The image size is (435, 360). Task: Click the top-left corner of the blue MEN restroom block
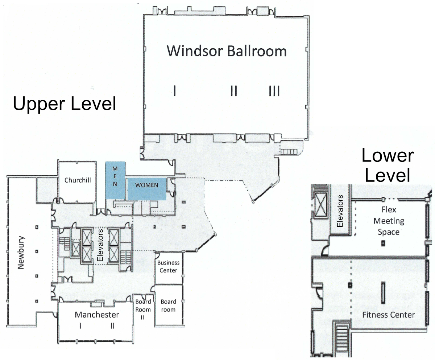coord(105,161)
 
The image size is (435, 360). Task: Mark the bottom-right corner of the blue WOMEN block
coord(166,200)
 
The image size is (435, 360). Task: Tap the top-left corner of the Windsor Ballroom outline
coord(144,15)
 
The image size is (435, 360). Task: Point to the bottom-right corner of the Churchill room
coord(96,202)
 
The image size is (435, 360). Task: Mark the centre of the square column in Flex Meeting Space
coord(383,243)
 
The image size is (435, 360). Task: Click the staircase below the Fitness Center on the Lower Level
coord(342,337)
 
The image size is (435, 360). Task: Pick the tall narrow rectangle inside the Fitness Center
coord(383,292)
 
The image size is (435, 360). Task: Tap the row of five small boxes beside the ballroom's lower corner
coord(289,151)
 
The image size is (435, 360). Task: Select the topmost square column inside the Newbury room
coord(37,227)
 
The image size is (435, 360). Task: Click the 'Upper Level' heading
coord(65,104)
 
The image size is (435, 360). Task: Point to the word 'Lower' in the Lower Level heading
coord(388,156)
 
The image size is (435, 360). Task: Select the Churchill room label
coord(78,180)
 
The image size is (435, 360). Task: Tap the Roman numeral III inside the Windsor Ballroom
coord(274,91)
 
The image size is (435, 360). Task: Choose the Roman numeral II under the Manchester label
coord(112,326)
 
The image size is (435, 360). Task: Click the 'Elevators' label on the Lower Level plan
coord(340,211)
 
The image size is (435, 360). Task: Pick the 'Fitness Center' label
coord(389,315)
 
